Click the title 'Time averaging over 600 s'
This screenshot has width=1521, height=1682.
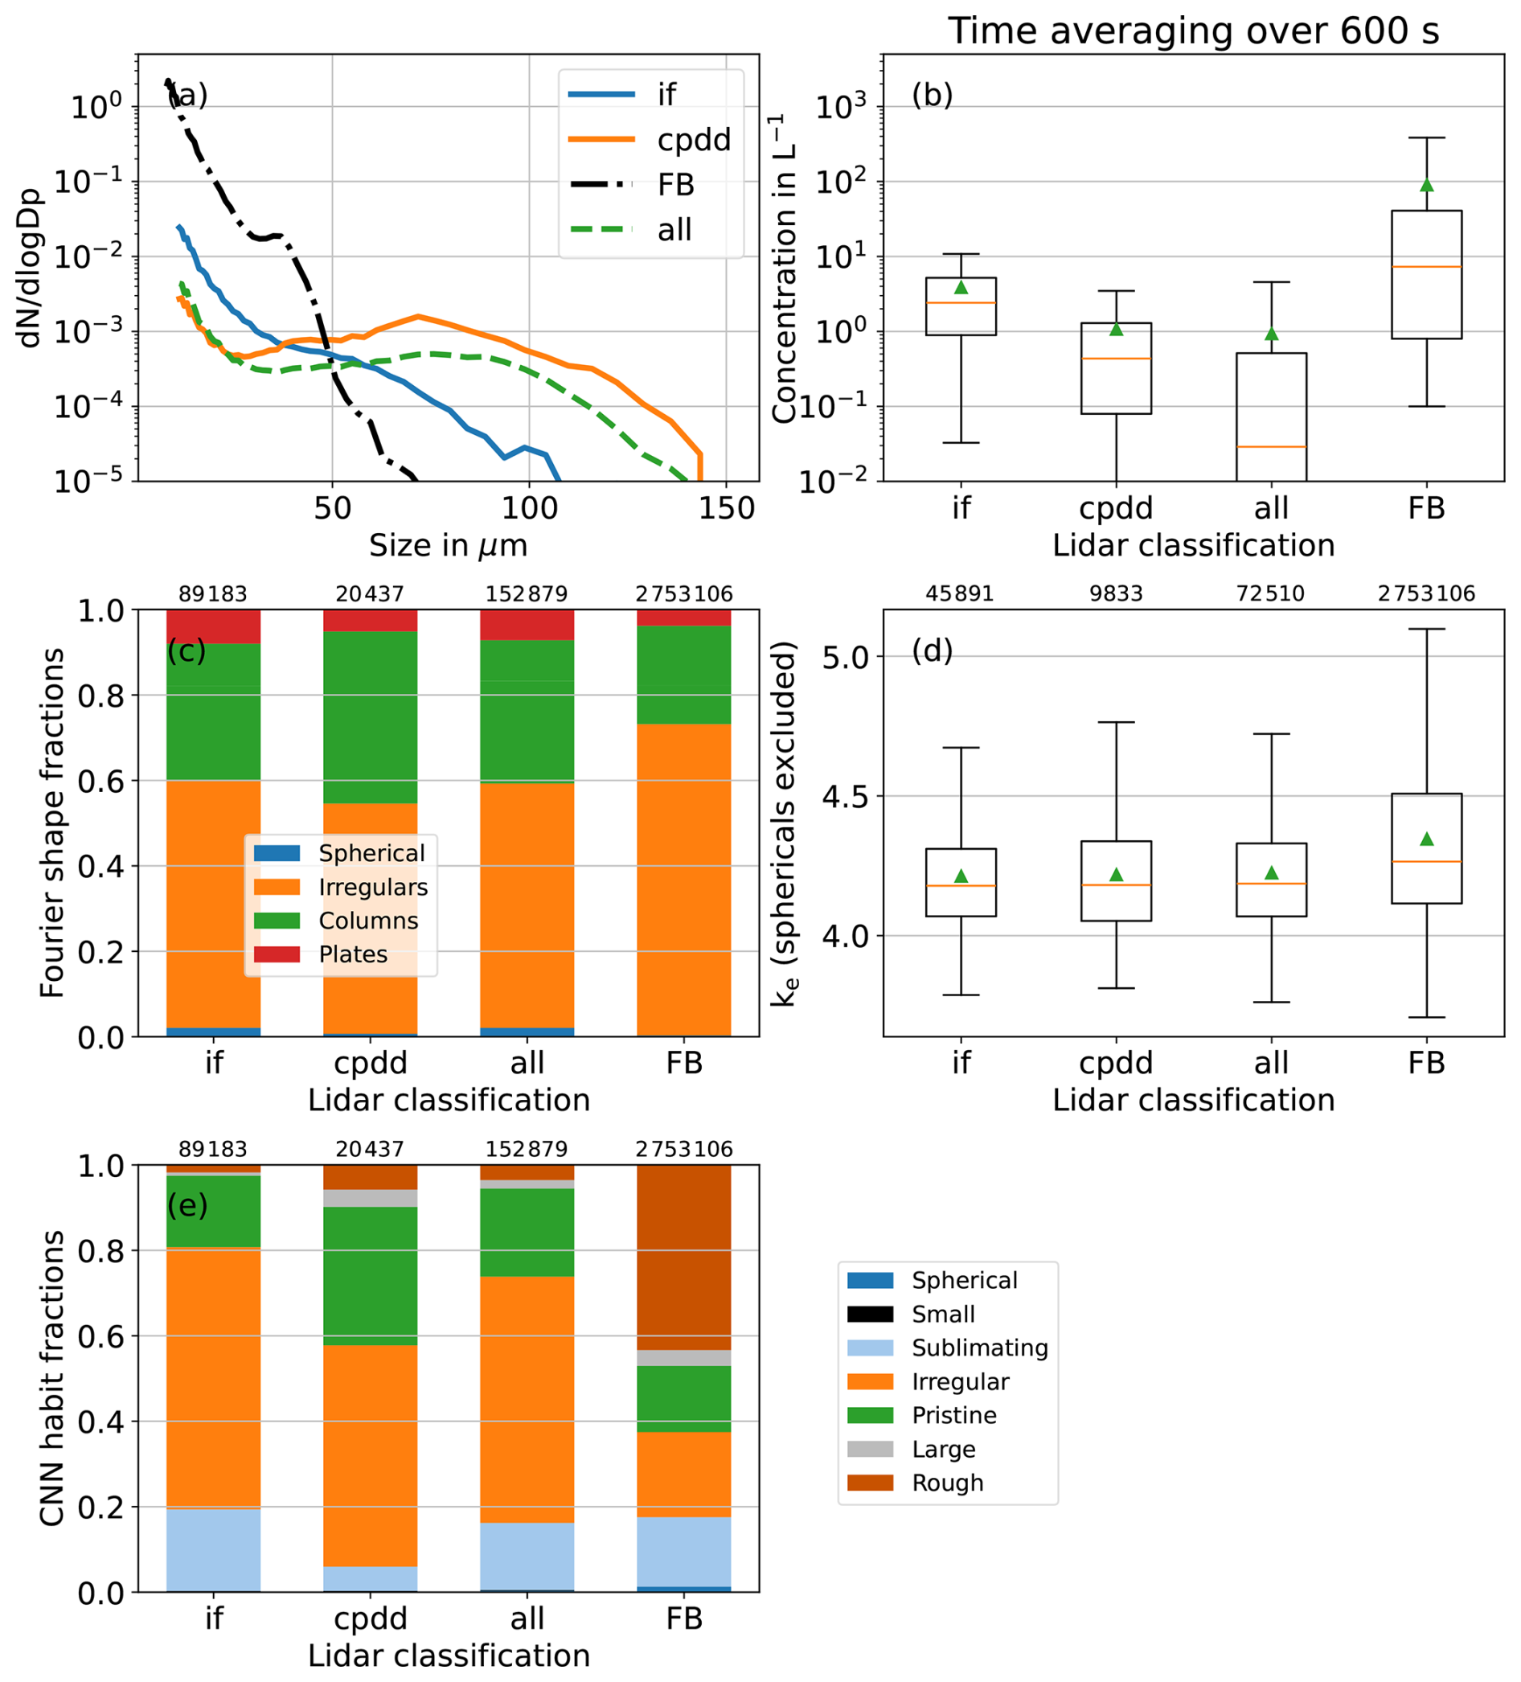tap(1193, 31)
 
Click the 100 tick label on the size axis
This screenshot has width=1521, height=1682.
tap(529, 507)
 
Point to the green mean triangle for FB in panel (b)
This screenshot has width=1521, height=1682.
tap(1427, 184)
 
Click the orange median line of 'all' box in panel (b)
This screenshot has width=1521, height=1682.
tap(1271, 447)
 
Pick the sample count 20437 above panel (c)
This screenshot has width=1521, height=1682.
tap(370, 594)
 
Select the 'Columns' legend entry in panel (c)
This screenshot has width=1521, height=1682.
tap(368, 921)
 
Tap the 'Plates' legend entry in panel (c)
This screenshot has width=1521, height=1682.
tap(353, 954)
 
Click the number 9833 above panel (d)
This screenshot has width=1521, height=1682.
tap(1116, 594)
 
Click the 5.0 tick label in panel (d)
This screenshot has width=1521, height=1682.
tap(845, 658)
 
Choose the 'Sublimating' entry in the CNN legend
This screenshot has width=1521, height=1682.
tap(978, 1348)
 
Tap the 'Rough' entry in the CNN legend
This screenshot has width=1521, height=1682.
tap(947, 1483)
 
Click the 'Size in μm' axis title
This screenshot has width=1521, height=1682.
tap(448, 546)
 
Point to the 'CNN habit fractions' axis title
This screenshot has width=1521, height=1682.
tap(51, 1377)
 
